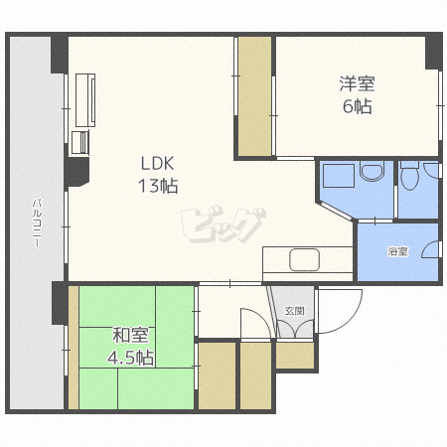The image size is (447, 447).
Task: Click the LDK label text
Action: tap(157, 163)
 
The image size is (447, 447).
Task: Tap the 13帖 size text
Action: tap(158, 186)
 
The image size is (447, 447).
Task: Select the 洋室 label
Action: tap(358, 83)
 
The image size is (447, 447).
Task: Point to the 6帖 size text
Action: tap(358, 106)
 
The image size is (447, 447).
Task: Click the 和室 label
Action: tap(130, 335)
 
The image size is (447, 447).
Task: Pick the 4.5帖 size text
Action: tap(130, 358)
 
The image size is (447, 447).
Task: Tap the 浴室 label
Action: tap(397, 251)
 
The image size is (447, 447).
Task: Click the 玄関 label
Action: tap(295, 311)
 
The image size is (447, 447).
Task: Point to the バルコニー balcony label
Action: tap(37, 223)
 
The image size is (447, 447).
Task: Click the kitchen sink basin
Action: tap(305, 260)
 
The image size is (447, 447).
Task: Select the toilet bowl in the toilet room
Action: tap(409, 176)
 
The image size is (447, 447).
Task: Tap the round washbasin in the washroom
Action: tap(372, 171)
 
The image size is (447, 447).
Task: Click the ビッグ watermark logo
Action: tap(223, 225)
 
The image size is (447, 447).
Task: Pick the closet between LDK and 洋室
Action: tap(255, 96)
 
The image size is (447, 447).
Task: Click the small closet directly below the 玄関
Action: tap(295, 356)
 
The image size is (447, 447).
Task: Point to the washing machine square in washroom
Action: tap(339, 176)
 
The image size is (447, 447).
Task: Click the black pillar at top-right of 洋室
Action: tap(434, 52)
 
